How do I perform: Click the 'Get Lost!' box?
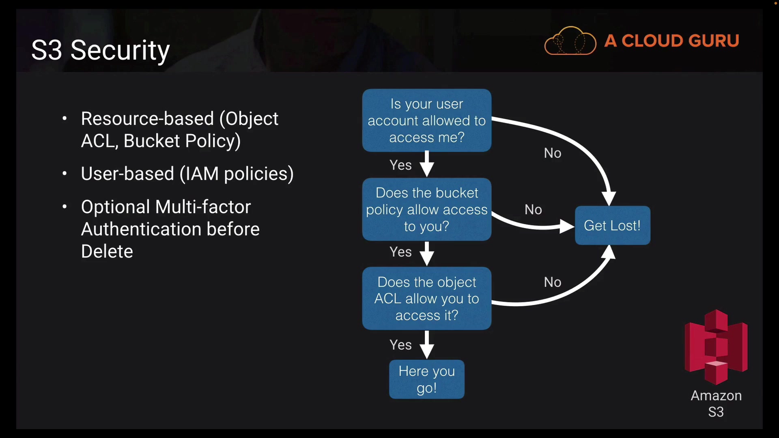[612, 225]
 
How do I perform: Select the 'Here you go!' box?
[426, 379]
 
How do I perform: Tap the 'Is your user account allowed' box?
[426, 120]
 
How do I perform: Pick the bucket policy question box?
[426, 209]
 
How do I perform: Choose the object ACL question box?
[426, 298]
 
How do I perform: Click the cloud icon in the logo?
[570, 41]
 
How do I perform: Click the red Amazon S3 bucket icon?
[716, 347]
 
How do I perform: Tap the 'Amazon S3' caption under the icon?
[716, 404]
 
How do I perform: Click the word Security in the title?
[120, 51]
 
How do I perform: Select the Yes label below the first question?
[400, 165]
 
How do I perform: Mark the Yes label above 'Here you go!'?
[400, 345]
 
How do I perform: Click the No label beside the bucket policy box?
[533, 210]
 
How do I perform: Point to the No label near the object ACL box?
[553, 282]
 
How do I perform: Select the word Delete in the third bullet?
[107, 251]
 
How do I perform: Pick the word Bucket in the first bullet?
[151, 141]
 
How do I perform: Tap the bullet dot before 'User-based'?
[65, 174]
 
